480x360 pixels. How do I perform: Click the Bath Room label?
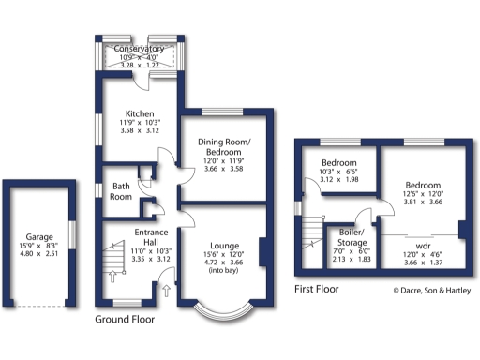[121, 190]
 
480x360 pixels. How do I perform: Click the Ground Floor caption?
[125, 320]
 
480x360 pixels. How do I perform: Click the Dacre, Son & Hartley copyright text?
[431, 290]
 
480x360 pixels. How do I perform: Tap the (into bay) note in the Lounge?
[222, 265]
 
